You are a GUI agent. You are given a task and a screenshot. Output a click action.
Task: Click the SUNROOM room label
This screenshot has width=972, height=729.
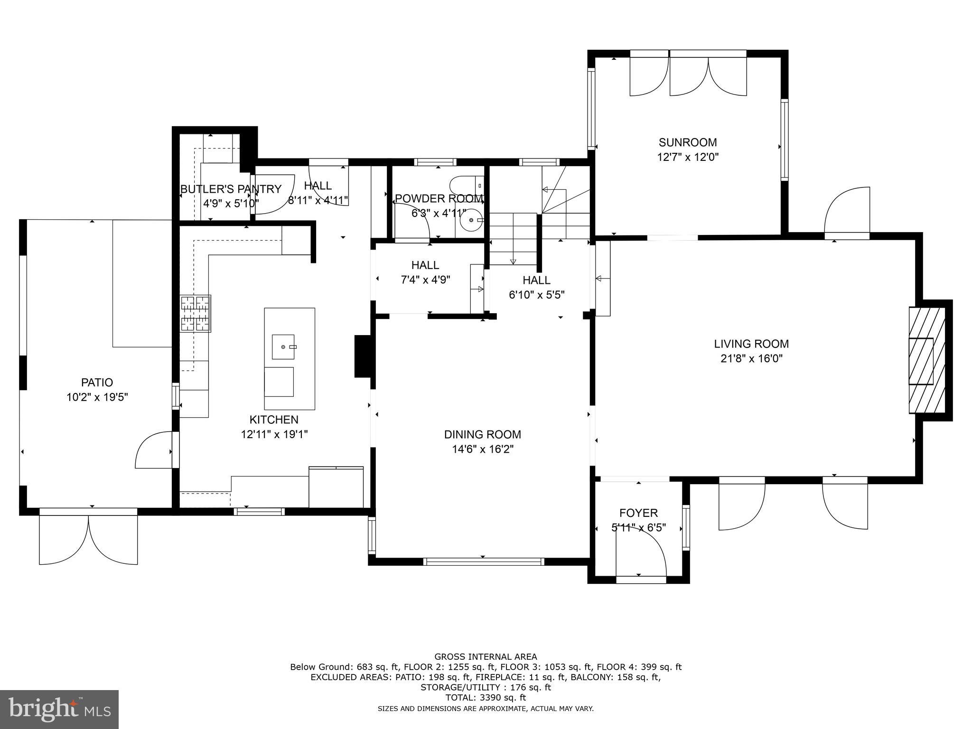pos(687,142)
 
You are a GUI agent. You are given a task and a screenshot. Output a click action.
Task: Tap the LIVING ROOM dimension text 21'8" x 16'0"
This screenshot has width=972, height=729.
pos(751,359)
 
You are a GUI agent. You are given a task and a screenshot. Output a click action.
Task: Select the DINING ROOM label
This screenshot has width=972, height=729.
pos(482,434)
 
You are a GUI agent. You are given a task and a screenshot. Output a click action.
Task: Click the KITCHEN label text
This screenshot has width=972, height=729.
pos(274,420)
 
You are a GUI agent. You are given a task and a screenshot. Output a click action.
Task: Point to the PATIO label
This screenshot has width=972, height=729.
pos(97,382)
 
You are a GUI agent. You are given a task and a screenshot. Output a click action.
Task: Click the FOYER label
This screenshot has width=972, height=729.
pos(638,513)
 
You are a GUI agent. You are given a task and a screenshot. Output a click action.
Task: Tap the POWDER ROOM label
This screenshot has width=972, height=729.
pos(439,198)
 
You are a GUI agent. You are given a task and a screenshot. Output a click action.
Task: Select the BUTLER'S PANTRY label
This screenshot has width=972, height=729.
pos(231,189)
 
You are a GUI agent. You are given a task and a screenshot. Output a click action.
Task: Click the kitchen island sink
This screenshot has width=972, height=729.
pos(283,347)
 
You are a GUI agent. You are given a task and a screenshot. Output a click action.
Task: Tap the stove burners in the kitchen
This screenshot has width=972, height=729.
pos(195,313)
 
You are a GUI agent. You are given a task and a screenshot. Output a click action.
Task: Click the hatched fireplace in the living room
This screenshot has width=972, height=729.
pos(926,361)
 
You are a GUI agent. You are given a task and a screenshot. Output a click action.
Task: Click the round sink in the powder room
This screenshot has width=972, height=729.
pos(472,220)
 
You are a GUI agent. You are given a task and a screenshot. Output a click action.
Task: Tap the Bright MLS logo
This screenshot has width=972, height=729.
pos(59,709)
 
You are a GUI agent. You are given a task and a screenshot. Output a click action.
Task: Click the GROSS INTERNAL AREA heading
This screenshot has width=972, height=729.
pos(486,657)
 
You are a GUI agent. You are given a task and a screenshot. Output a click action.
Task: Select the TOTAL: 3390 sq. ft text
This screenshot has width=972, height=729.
pos(486,698)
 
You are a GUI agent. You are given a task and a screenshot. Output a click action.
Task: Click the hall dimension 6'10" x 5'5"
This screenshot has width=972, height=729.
pos(536,295)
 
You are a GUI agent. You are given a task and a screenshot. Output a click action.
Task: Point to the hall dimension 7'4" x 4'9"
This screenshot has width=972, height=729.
pos(425,280)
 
